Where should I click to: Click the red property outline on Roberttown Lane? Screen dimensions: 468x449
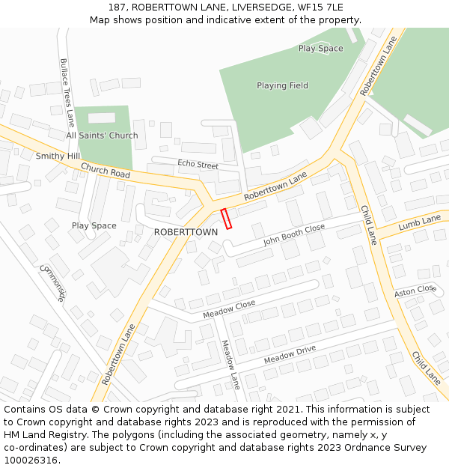click(x=226, y=218)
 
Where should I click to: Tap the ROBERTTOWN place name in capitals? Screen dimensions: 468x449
click(x=186, y=232)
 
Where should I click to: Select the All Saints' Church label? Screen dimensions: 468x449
click(x=102, y=136)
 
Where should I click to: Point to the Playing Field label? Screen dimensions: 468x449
click(x=282, y=85)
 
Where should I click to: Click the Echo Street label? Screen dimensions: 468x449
click(x=198, y=164)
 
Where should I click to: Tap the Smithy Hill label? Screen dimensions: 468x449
click(x=58, y=156)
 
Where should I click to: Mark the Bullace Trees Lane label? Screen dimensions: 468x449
click(x=67, y=91)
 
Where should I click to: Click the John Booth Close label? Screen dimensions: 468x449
click(x=294, y=234)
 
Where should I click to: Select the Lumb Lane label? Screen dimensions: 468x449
click(x=420, y=222)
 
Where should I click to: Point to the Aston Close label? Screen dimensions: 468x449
click(x=415, y=290)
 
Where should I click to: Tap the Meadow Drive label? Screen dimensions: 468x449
click(x=290, y=355)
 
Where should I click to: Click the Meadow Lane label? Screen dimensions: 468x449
click(x=230, y=364)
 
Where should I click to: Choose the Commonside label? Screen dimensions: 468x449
click(x=52, y=283)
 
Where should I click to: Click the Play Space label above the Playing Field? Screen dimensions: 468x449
click(x=320, y=49)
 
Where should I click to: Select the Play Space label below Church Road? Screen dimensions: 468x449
click(x=94, y=225)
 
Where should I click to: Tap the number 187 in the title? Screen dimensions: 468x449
click(x=116, y=7)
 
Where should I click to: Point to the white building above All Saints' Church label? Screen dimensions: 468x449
click(x=102, y=118)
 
